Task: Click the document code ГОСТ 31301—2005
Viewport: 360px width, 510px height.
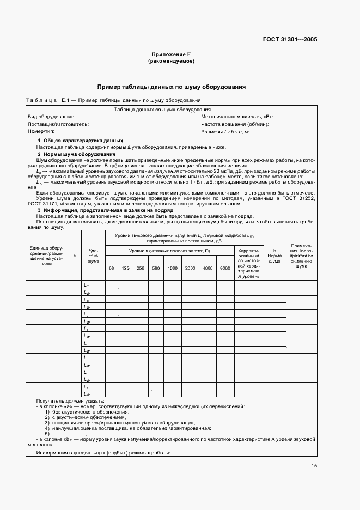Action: click(x=290, y=39)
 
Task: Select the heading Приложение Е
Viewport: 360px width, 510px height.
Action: click(x=171, y=55)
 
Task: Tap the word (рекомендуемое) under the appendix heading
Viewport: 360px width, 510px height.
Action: click(x=171, y=62)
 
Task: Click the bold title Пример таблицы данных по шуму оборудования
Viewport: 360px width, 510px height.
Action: click(x=171, y=87)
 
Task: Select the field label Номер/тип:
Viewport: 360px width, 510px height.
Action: click(x=41, y=132)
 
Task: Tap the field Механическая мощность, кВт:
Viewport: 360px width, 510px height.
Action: click(x=237, y=117)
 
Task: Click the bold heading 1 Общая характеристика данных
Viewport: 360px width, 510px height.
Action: click(x=76, y=141)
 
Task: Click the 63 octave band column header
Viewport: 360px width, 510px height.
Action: click(x=111, y=268)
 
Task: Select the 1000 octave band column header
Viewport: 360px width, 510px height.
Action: click(x=173, y=268)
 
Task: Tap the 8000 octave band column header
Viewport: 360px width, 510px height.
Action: click(x=225, y=268)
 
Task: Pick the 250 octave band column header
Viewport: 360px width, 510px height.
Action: click(x=141, y=268)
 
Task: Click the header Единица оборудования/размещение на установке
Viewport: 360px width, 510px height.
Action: click(x=46, y=256)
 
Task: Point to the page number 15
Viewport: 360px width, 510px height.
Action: click(x=314, y=465)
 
